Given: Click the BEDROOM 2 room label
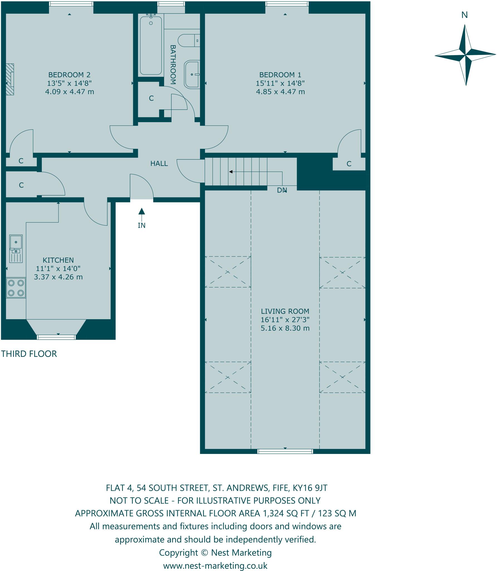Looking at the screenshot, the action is pos(69,75).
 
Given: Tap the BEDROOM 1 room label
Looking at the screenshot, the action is pos(280,75).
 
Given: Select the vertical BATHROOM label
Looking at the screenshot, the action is pos(173,65).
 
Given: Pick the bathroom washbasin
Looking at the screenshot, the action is pos(192,74).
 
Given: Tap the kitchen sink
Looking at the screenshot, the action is pos(16,248).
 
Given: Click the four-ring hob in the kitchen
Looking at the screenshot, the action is pos(16,288).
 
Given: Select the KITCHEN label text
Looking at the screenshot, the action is pos(58,260).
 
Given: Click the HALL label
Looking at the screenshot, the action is pos(159,164).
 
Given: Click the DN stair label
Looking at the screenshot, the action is pos(282,190).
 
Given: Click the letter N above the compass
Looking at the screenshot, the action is pos(464,15).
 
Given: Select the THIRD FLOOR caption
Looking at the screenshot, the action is pos(29,354).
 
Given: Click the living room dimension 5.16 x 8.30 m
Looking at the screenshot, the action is pos(285,328).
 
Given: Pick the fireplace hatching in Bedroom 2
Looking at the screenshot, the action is pos(10,79).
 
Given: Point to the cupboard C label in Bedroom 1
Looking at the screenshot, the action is pos(349,164).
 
